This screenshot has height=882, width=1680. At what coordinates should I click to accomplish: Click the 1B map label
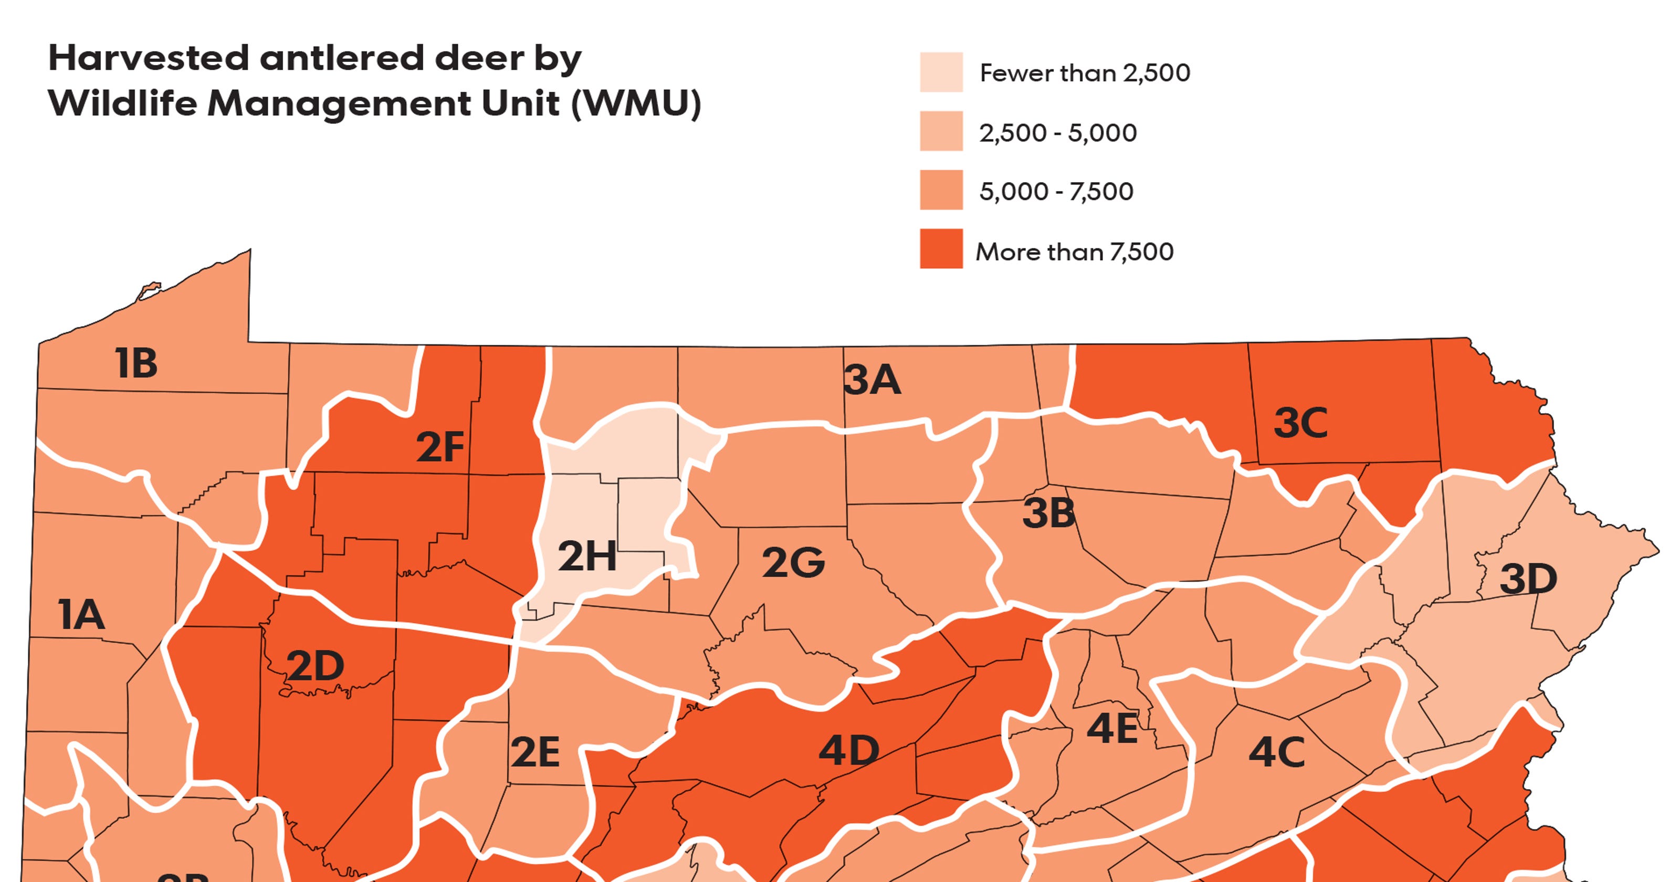point(136,363)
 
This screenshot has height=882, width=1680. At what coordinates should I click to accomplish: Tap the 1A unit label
point(81,615)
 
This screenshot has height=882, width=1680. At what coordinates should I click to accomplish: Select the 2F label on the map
point(440,447)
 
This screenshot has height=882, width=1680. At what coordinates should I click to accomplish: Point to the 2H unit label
point(587,556)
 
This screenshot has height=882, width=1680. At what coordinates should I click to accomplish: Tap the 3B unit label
point(1048,513)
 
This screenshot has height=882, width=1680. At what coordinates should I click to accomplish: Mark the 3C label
point(1300,423)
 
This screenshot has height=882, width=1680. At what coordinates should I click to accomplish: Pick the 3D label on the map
point(1528,579)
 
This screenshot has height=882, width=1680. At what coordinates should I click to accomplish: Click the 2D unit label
point(315,666)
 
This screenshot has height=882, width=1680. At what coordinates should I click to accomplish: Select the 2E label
point(535,752)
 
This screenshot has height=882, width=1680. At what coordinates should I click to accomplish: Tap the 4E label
point(1112,729)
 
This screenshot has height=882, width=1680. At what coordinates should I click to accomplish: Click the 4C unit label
point(1276,752)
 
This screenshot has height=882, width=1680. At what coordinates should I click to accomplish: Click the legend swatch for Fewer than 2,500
point(941,72)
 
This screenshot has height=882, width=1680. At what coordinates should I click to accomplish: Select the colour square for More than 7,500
point(941,248)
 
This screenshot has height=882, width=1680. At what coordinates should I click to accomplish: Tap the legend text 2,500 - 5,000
point(1058,133)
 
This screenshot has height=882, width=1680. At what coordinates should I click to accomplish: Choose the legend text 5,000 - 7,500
point(1056,192)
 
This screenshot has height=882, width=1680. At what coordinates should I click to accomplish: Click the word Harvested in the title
point(149,58)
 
